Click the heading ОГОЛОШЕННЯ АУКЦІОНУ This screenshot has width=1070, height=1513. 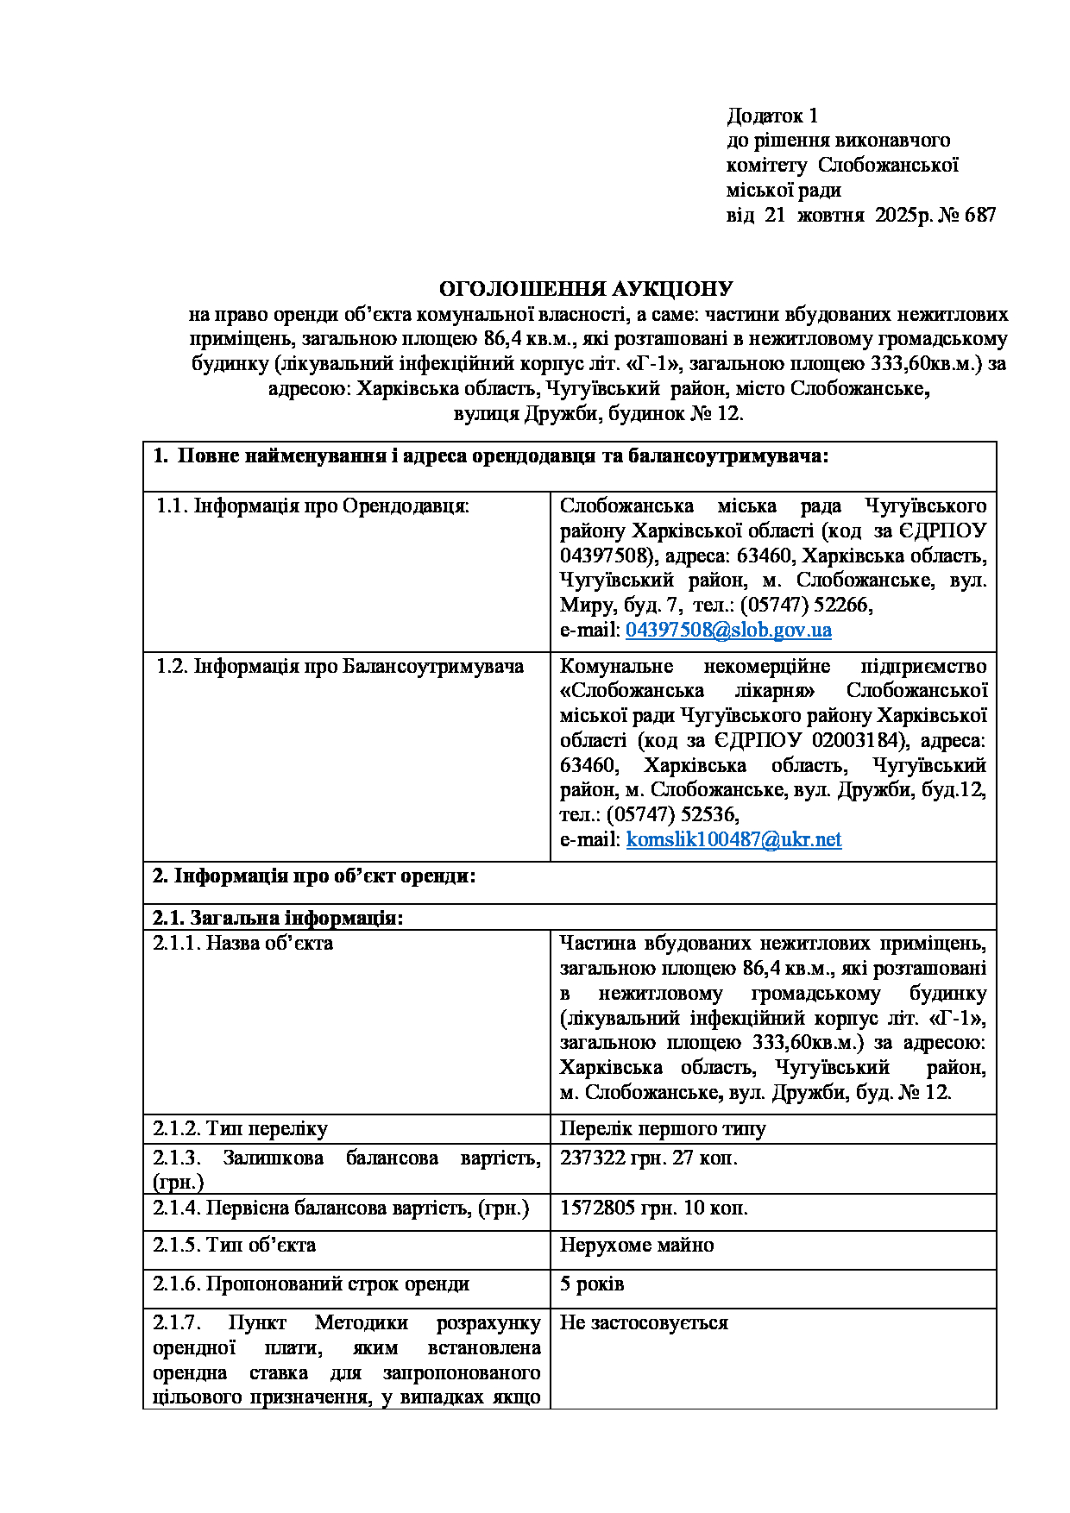point(586,289)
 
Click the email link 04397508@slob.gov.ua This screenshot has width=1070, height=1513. point(728,630)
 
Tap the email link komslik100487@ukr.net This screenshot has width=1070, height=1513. point(733,839)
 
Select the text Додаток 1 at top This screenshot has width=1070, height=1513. point(772,116)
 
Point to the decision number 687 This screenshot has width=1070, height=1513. point(980,215)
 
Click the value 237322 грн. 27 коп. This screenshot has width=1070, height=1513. point(649,1158)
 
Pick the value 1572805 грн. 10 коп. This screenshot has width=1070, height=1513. point(654,1208)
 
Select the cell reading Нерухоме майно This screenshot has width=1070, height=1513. point(637,1245)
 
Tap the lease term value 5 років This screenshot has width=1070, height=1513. point(592,1284)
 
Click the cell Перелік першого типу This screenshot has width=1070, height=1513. point(663,1128)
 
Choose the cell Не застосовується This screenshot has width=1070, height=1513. point(644,1322)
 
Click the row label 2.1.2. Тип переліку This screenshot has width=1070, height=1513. point(240,1128)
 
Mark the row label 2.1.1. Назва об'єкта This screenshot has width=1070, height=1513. point(243,943)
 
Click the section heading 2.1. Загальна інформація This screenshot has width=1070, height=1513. point(278,918)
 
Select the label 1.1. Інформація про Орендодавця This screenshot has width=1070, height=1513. point(312,505)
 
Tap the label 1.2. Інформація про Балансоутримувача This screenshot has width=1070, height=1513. point(339,666)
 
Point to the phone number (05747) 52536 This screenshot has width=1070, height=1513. point(672,814)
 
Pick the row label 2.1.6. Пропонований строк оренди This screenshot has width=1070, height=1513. point(312,1284)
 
